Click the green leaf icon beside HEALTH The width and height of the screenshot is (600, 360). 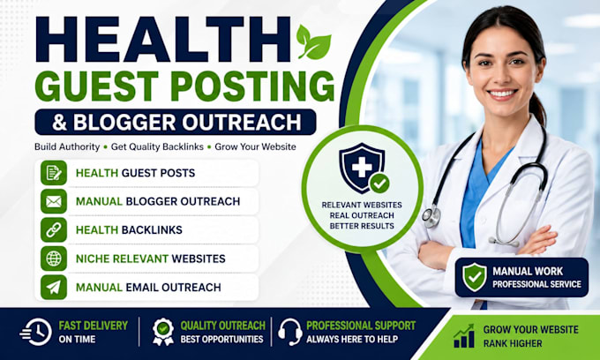pyautogui.click(x=313, y=43)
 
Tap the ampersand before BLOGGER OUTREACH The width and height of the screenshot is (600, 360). pyautogui.click(x=59, y=123)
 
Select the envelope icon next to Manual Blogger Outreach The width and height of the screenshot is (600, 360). pyautogui.click(x=54, y=201)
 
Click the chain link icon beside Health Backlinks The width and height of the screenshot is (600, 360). pyautogui.click(x=54, y=230)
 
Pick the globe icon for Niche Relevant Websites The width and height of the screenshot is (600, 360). pyautogui.click(x=54, y=259)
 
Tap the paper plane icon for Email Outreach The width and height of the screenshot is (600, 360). pyautogui.click(x=54, y=288)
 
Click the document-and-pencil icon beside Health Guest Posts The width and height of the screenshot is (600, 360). pyautogui.click(x=54, y=173)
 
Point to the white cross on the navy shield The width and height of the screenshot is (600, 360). pyautogui.click(x=362, y=167)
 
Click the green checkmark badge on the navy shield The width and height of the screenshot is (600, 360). pyautogui.click(x=379, y=184)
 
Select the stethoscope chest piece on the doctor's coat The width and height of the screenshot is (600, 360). pyautogui.click(x=431, y=216)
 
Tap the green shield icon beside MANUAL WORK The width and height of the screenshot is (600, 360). pyautogui.click(x=475, y=277)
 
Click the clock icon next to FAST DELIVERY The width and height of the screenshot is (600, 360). pyautogui.click(x=36, y=332)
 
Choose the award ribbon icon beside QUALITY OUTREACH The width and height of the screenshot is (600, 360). pyautogui.click(x=163, y=332)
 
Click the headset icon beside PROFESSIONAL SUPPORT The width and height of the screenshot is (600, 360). pyautogui.click(x=290, y=332)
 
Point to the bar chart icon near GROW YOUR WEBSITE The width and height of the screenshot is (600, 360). pyautogui.click(x=464, y=336)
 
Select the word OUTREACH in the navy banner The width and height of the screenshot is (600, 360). pyautogui.click(x=242, y=123)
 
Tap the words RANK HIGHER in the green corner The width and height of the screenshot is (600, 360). pyautogui.click(x=513, y=343)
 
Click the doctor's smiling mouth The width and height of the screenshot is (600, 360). pyautogui.click(x=503, y=94)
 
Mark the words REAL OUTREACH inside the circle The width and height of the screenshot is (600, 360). pyautogui.click(x=362, y=215)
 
